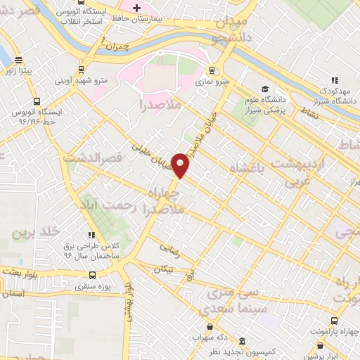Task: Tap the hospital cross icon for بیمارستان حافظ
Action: tap(137, 7)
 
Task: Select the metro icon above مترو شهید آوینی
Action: tap(82, 70)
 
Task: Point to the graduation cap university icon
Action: tap(265, 89)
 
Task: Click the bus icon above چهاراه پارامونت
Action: tap(321, 346)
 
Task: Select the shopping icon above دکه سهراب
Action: tap(209, 327)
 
